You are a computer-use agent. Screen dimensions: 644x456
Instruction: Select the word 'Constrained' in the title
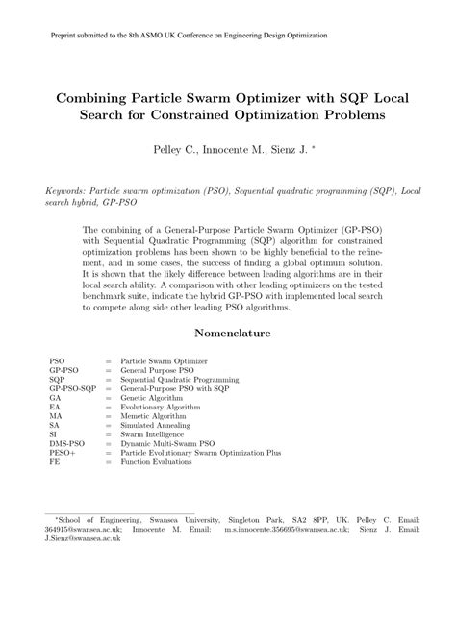pos(252,114)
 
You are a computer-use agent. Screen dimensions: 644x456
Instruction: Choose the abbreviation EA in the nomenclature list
pos(54,406)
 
